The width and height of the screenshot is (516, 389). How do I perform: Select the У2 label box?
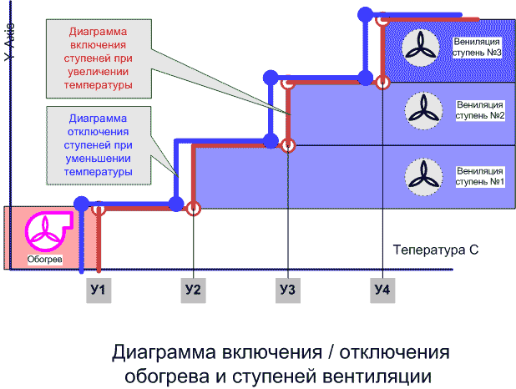pos(193,290)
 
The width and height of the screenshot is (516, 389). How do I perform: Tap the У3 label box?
pos(287,290)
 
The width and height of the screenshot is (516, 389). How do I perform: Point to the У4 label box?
pos(382,290)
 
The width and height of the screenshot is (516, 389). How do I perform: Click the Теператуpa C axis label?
pos(434,250)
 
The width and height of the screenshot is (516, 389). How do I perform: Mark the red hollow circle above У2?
pos(193,209)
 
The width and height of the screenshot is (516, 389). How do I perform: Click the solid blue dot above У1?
pos(81,203)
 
